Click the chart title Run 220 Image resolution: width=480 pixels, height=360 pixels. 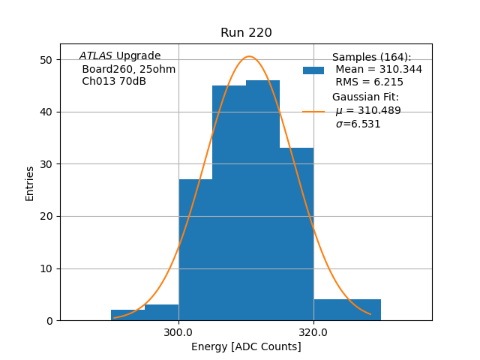(246, 33)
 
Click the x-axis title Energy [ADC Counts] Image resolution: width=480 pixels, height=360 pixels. (246, 346)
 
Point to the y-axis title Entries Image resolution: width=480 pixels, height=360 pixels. (30, 183)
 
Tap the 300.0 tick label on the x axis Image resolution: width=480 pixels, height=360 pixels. (178, 331)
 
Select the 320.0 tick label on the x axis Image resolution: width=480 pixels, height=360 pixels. (313, 331)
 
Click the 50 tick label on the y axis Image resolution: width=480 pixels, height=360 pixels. (46, 60)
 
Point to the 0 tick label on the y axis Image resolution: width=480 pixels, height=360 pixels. (49, 321)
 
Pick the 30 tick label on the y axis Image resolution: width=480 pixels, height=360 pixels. (46, 164)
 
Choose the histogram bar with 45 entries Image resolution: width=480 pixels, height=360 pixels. (229, 202)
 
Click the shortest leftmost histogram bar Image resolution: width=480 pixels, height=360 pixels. (127, 315)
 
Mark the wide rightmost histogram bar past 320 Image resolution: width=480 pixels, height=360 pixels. (347, 310)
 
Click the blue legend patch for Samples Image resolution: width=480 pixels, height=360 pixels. (313, 70)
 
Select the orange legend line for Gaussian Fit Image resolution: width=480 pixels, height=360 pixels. (313, 112)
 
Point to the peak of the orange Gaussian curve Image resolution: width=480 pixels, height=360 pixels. (250, 56)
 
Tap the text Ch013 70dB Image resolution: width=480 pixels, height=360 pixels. (114, 82)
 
